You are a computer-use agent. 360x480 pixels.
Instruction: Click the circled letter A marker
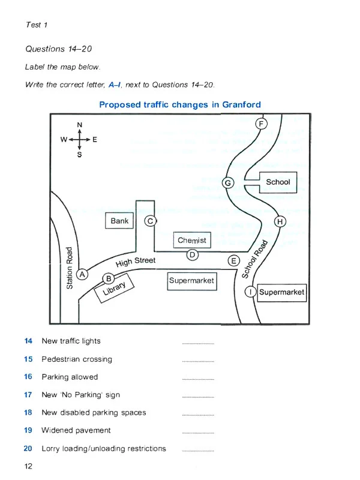[x=83, y=274]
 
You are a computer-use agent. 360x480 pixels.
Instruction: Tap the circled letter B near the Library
[x=109, y=278]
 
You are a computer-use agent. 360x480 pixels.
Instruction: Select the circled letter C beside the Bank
[x=151, y=221]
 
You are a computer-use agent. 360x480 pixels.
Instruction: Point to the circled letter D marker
[x=192, y=255]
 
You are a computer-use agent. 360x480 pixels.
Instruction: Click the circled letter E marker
[x=234, y=261]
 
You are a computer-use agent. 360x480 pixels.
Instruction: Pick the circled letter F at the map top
[x=261, y=124]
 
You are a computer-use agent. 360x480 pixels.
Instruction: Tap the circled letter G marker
[x=227, y=182]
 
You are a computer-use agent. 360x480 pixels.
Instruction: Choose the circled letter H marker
[x=280, y=222]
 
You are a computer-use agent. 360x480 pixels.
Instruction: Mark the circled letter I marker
[x=251, y=292]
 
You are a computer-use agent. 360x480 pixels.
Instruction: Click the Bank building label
[x=120, y=221]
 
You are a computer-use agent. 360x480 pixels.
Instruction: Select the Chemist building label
[x=192, y=240]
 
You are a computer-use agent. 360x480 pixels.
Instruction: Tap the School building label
[x=278, y=182]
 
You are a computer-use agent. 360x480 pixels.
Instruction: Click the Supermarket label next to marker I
[x=281, y=292]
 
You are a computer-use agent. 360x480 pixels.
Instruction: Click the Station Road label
[x=70, y=268]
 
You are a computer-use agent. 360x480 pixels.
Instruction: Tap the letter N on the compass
[x=79, y=125]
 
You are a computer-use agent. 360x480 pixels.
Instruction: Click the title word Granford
[x=241, y=104]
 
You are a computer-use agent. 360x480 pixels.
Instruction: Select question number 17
[x=28, y=395]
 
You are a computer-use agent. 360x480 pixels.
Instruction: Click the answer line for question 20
[x=197, y=451]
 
